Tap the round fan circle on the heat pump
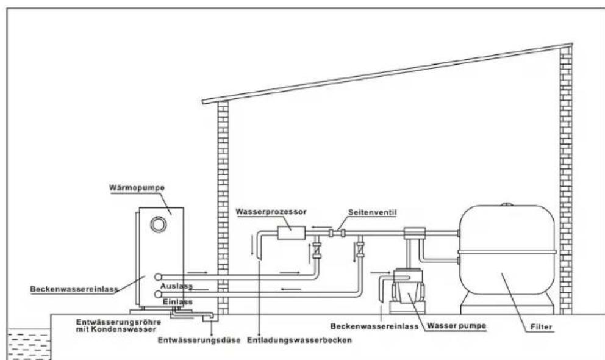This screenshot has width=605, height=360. [159, 224]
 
